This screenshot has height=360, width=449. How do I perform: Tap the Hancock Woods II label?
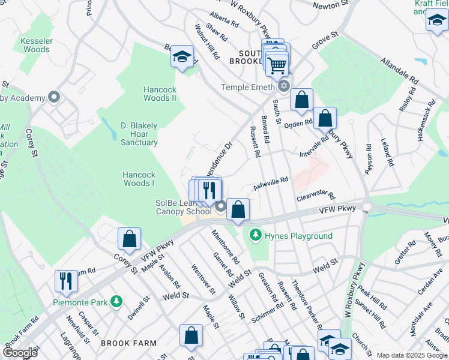[x=160, y=94]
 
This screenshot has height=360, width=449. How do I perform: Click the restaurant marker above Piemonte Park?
[x=66, y=281]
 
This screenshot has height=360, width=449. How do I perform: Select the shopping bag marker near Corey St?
[x=129, y=239]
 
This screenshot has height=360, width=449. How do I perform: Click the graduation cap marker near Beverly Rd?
[x=182, y=57]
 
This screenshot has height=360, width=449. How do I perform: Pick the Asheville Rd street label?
[x=271, y=183]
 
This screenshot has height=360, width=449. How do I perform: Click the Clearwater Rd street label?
[x=315, y=196]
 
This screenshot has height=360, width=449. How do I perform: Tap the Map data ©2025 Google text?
[x=411, y=355]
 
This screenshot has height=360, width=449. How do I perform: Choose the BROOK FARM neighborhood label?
[x=128, y=344]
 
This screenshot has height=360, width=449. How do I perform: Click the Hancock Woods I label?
[x=139, y=179]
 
